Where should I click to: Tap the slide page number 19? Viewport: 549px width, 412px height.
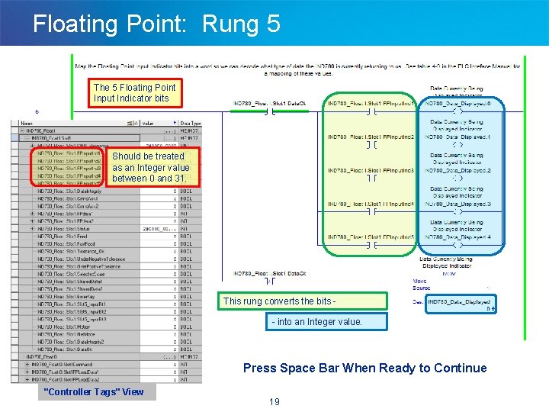coord(274,401)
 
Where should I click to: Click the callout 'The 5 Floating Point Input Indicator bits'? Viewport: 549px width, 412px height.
coord(134,93)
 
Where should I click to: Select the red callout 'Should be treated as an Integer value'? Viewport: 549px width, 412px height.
coord(150,167)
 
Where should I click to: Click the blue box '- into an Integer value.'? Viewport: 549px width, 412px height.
coord(316,322)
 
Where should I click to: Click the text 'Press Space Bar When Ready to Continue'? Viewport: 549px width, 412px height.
coord(364,368)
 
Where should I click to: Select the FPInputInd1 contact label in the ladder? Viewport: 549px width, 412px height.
coord(371,103)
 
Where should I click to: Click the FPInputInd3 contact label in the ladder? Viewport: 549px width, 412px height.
coord(371,170)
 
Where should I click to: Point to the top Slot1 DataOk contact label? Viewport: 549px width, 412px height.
coord(270,103)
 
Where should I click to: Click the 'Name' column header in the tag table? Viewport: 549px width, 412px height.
coord(27,122)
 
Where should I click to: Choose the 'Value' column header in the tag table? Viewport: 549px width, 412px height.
coord(148,122)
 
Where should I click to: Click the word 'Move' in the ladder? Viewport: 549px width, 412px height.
coord(420,281)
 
